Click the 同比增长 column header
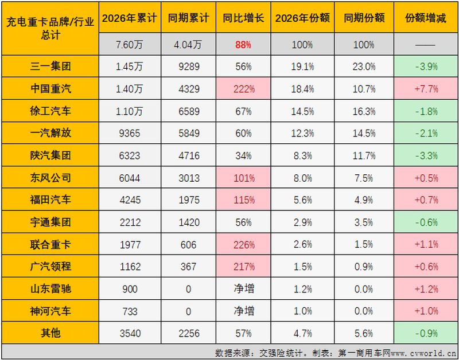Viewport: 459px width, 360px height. tap(243, 18)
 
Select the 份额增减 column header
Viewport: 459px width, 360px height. tap(426, 18)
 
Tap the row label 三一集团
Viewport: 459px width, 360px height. tap(50, 66)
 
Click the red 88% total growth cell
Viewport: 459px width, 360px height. tap(243, 45)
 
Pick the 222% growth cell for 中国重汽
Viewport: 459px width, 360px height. tap(243, 89)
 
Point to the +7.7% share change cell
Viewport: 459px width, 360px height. tap(426, 89)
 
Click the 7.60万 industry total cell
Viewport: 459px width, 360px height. tap(130, 45)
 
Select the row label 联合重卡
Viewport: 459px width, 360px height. tap(50, 244)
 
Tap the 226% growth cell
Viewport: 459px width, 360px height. tap(243, 244)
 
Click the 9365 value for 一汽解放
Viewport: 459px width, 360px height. tap(130, 134)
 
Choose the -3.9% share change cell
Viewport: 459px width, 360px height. tap(426, 66)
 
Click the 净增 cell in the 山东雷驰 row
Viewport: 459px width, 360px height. tap(243, 289)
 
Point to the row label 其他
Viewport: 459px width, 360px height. tap(50, 333)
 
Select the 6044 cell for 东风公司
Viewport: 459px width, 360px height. tap(130, 178)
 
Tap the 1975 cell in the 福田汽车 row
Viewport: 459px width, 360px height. tap(189, 200)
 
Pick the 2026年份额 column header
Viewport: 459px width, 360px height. tap(302, 18)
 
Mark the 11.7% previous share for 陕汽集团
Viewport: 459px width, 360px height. tap(364, 155)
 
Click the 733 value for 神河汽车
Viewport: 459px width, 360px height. tap(130, 311)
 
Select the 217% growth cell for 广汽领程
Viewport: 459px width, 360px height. tap(243, 267)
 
